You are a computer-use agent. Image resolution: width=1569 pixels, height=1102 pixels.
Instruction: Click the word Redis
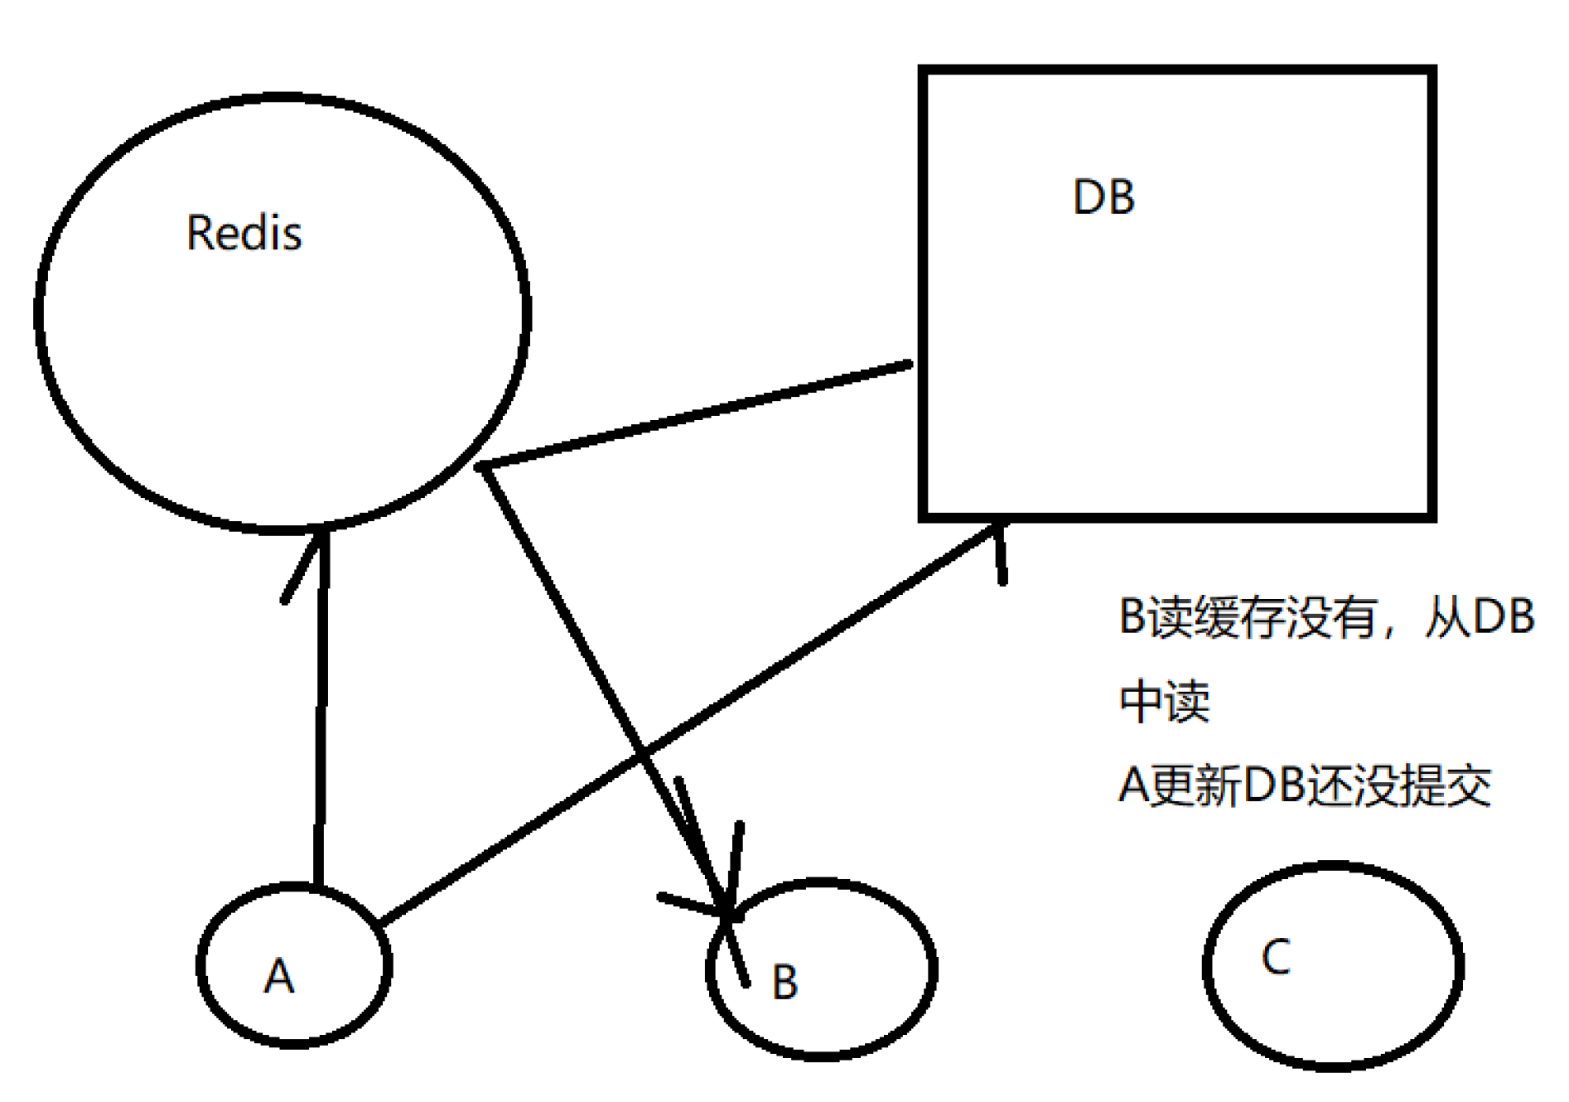coord(244,233)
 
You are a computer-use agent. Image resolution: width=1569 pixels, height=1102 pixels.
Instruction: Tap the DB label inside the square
coord(1103,197)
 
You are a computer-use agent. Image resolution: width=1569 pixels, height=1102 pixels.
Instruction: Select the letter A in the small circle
coord(278,975)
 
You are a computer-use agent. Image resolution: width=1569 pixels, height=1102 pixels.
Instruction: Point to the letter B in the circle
coord(784,983)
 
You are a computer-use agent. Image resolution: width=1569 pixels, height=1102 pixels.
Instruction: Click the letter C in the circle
coord(1276,957)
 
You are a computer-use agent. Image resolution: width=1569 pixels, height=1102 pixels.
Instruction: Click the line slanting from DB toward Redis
coord(696,414)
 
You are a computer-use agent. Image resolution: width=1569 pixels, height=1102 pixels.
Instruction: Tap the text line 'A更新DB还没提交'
coord(1304,785)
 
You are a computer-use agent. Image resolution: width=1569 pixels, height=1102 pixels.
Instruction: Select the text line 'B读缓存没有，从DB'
coord(1326,617)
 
